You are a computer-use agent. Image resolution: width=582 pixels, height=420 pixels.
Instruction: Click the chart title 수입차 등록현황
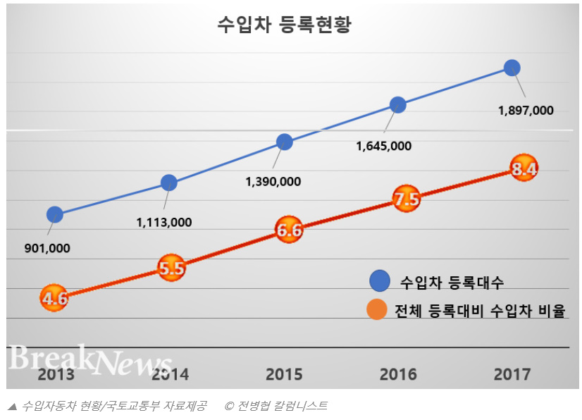pyautogui.click(x=284, y=25)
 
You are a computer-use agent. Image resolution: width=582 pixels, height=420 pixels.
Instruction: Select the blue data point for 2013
pyautogui.click(x=54, y=214)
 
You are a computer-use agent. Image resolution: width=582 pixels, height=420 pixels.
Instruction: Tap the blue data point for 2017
pyautogui.click(x=512, y=68)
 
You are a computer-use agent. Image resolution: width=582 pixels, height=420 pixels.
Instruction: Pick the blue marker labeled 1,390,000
pyautogui.click(x=284, y=142)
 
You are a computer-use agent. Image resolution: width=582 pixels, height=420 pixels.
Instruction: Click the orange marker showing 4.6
pyautogui.click(x=54, y=299)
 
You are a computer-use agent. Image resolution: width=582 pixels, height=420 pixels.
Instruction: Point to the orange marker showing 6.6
pyautogui.click(x=289, y=230)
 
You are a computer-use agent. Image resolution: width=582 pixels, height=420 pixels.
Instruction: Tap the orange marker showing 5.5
pyautogui.click(x=171, y=268)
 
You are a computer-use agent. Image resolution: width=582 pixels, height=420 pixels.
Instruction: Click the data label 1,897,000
pyautogui.click(x=526, y=111)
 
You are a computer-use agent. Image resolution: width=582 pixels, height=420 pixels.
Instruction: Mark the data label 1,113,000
pyautogui.click(x=164, y=222)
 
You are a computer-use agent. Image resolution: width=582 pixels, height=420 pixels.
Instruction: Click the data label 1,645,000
pyautogui.click(x=384, y=146)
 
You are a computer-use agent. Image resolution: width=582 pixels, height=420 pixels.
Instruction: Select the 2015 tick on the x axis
pyautogui.click(x=285, y=373)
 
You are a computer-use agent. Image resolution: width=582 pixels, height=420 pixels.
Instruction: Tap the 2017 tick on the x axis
pyautogui.click(x=512, y=373)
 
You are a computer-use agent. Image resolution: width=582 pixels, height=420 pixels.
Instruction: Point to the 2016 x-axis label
pyautogui.click(x=398, y=373)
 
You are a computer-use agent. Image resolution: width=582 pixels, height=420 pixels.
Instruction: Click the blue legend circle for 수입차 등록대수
pyautogui.click(x=380, y=281)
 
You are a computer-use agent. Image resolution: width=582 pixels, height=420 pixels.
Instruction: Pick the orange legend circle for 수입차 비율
pyautogui.click(x=377, y=309)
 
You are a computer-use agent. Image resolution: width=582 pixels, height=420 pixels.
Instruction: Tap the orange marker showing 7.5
pyautogui.click(x=407, y=200)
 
